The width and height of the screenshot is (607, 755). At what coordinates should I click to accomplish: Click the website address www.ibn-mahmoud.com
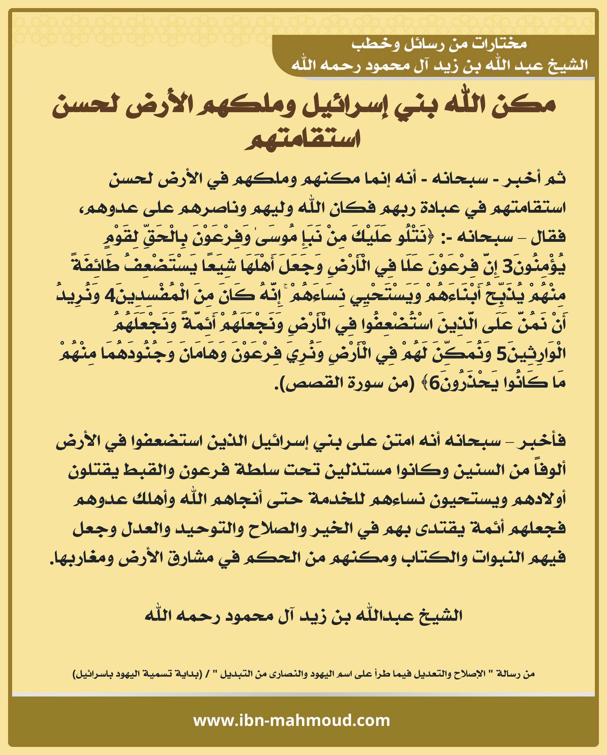click(291, 721)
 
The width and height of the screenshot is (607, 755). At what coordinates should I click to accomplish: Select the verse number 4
click(110, 296)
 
